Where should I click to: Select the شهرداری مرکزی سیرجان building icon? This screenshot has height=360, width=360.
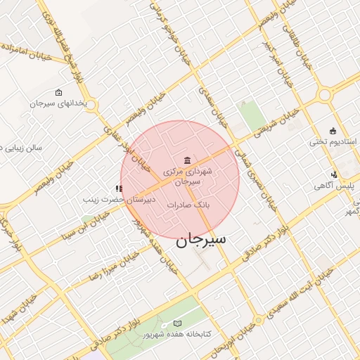pos(186,160)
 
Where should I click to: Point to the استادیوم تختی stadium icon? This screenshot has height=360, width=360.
pos(333,131)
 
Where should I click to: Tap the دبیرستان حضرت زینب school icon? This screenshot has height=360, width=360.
pos(118,188)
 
